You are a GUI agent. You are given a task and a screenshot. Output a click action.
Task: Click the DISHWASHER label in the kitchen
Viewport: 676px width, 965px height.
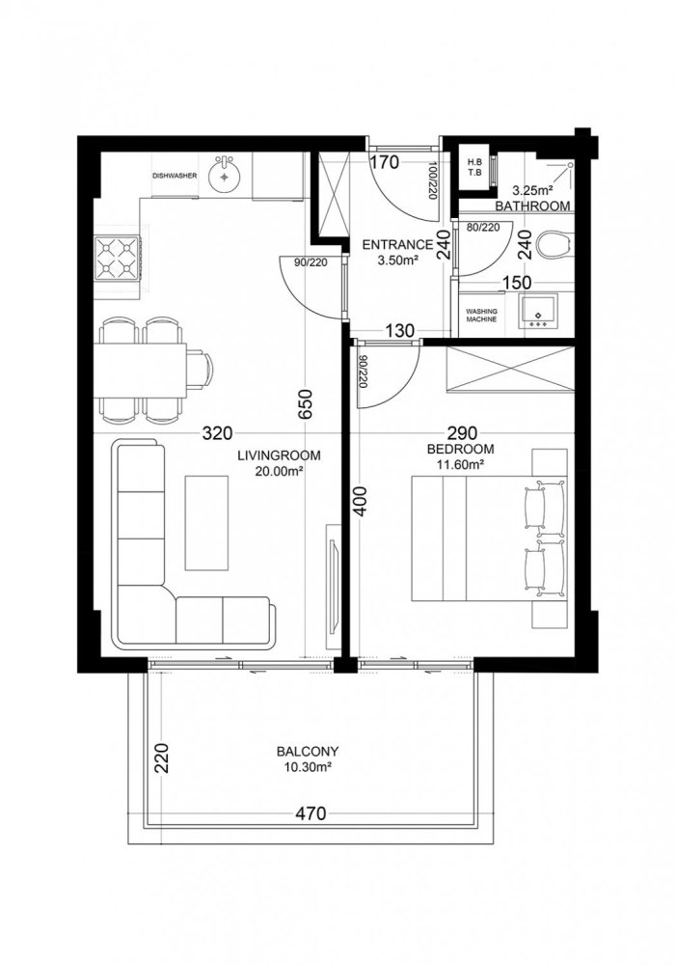pos(175,176)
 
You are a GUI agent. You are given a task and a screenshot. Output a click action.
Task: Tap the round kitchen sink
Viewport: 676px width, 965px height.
pos(228,175)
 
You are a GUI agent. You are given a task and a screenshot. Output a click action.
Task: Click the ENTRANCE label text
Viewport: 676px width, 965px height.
pos(397,245)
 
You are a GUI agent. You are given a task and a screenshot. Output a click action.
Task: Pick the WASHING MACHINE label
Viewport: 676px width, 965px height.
pos(482,317)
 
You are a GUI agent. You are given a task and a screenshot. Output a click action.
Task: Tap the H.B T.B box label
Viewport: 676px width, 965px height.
pos(474,167)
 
